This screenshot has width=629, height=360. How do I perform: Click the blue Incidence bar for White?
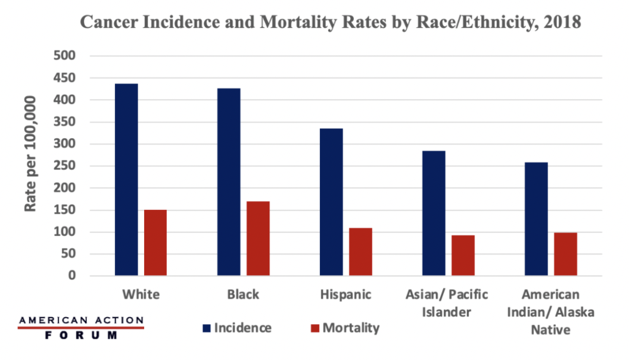coord(126,179)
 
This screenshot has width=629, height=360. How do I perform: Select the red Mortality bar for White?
coord(155,243)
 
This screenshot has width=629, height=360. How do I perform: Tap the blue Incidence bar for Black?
coord(229,182)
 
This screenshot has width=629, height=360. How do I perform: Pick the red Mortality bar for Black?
coord(258,238)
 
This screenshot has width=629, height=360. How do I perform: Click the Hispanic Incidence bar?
coord(331,202)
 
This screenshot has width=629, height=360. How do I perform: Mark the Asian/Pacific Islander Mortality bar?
coord(463,255)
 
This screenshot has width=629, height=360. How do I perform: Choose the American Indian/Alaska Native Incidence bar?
coord(536,219)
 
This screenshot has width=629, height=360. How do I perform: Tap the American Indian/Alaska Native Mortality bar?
coord(565,254)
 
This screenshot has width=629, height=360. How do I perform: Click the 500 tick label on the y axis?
coord(67,56)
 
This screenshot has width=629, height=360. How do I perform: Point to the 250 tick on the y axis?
coord(67,166)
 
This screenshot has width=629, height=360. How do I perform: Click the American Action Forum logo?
coord(82,328)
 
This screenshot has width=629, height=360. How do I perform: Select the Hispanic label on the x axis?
coord(345,295)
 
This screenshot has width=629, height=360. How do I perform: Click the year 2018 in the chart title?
coord(560,22)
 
